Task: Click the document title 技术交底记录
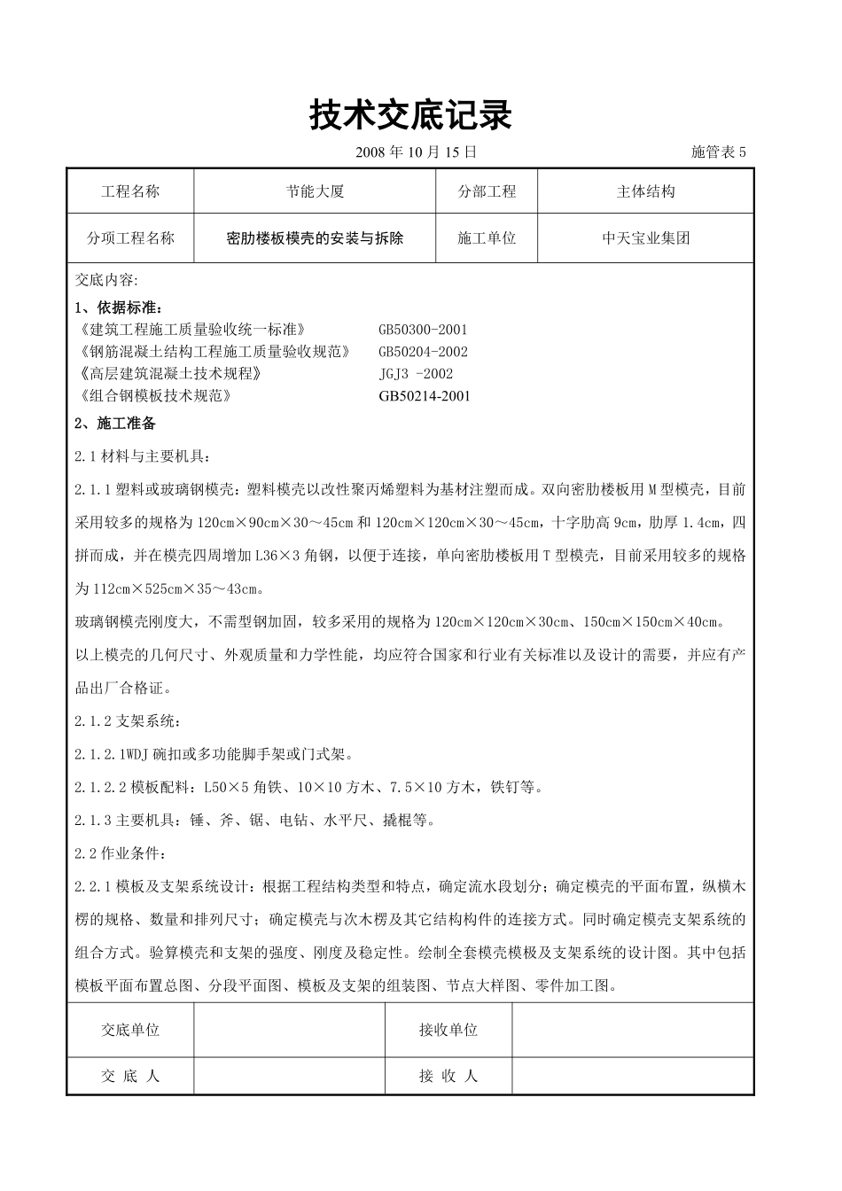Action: point(410,115)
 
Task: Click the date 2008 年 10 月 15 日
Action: point(416,152)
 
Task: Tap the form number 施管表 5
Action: point(718,152)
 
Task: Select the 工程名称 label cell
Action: point(130,191)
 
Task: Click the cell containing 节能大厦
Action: point(315,191)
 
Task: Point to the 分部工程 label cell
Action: point(487,191)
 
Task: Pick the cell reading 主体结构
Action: point(645,191)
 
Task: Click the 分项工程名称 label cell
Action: point(130,238)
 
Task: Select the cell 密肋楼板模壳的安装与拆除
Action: point(315,238)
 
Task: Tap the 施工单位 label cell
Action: point(487,238)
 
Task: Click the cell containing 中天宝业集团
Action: point(645,238)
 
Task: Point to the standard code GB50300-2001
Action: point(423,330)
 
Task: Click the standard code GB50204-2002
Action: point(423,352)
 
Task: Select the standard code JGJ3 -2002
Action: point(416,374)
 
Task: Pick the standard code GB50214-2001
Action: point(425,396)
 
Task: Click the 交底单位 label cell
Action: point(130,1030)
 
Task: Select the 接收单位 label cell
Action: point(448,1030)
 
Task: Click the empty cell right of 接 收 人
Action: point(632,1076)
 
